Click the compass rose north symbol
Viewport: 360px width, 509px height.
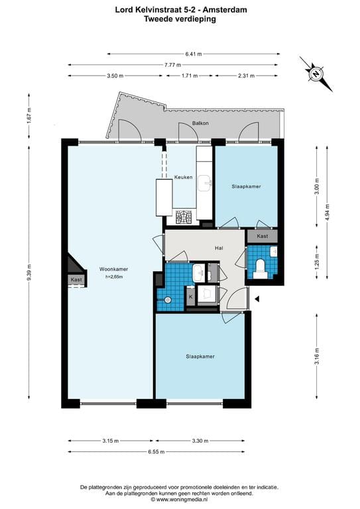(x=316, y=74)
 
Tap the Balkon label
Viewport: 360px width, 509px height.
(x=200, y=123)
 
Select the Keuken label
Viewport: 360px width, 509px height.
(x=184, y=177)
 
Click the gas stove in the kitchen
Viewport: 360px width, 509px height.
(x=184, y=217)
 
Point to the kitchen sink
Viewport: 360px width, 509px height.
(x=205, y=184)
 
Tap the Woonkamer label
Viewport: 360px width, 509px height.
(x=113, y=269)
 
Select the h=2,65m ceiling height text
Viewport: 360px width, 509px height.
(x=113, y=277)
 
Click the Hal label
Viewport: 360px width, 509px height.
(x=219, y=249)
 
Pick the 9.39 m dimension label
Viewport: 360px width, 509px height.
(x=30, y=272)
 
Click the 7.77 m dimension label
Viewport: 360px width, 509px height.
(x=172, y=65)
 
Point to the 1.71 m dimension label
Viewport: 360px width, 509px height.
(x=190, y=76)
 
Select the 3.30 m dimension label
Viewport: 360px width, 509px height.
(x=200, y=441)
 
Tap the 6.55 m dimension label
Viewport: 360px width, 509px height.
(x=156, y=452)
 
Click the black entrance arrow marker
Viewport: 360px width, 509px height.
(x=257, y=300)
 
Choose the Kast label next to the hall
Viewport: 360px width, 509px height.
(x=263, y=237)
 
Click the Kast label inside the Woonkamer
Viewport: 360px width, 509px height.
(x=76, y=280)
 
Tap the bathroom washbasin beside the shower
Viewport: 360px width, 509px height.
(x=198, y=273)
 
